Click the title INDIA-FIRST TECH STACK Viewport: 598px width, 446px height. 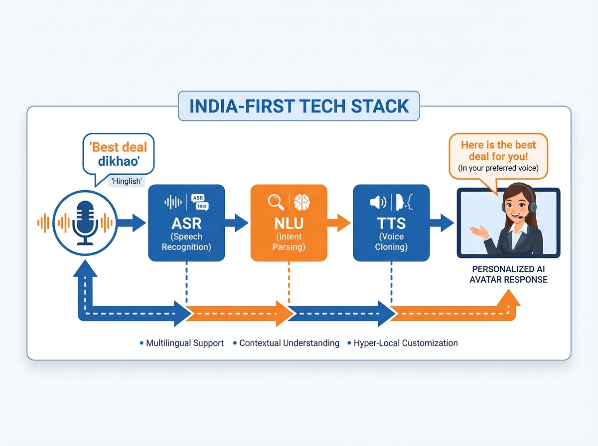click(299, 106)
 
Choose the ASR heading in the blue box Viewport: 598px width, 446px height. click(186, 223)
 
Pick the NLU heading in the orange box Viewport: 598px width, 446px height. click(289, 223)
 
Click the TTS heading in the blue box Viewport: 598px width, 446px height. click(391, 223)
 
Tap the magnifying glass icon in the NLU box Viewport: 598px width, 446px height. click(276, 202)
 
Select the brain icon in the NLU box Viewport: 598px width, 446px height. click(301, 202)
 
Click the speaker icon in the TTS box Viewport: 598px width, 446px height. click(377, 202)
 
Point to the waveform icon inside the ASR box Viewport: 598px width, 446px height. click(173, 202)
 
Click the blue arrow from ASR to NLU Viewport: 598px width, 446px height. click(237, 223)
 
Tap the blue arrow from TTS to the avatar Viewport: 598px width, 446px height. click(442, 223)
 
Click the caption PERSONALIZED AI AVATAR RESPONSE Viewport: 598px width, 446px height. click(508, 274)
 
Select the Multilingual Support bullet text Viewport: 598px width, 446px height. click(185, 343)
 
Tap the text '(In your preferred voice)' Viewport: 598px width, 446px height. click(498, 168)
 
